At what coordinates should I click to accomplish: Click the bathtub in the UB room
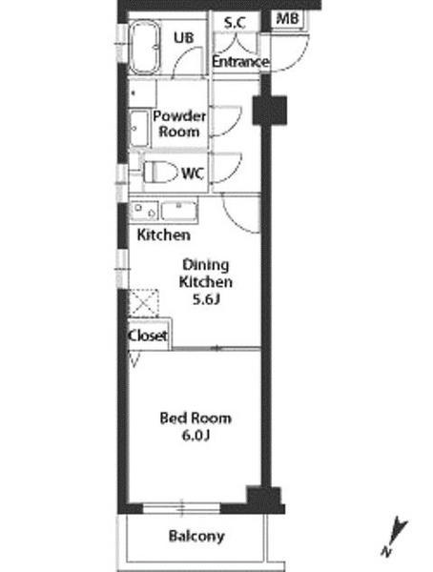tap(145, 48)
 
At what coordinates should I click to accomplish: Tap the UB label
tap(184, 37)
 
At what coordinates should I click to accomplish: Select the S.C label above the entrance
tap(235, 23)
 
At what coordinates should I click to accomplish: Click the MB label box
tap(287, 18)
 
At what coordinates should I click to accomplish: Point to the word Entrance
tap(240, 61)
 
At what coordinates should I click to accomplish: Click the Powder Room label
tap(179, 124)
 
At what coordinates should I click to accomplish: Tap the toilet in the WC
tap(159, 173)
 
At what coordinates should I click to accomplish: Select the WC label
tap(193, 174)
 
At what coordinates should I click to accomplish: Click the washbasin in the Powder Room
tap(139, 129)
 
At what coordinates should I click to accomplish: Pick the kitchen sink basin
tap(179, 211)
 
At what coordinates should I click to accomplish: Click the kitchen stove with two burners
tap(145, 211)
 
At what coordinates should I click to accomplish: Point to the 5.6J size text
tap(206, 299)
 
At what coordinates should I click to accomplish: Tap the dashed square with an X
tap(144, 303)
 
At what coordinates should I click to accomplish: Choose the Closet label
tap(148, 336)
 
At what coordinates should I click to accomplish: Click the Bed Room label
tap(196, 419)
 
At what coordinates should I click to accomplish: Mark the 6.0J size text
tap(196, 436)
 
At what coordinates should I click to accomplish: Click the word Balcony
tap(196, 536)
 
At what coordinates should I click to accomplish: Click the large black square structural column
tap(270, 111)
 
